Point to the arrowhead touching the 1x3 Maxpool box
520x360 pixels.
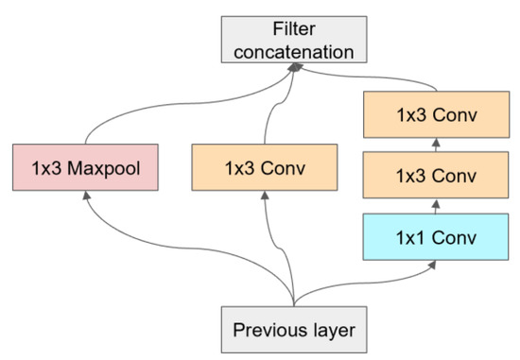click(x=86, y=194)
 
